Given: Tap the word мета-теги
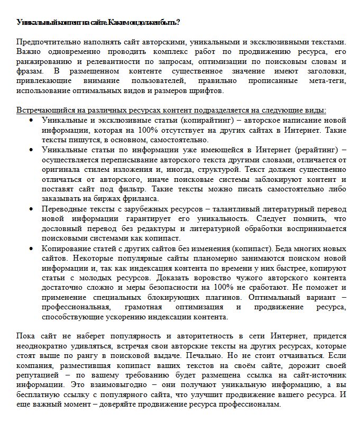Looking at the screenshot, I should [324, 81].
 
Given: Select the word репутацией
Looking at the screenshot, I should [36, 375].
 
